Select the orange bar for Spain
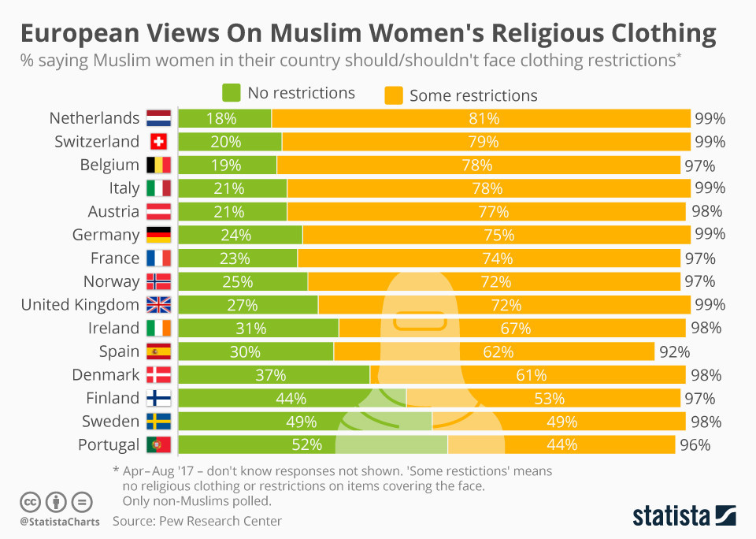point(494,351)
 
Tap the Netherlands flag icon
point(158,119)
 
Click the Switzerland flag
point(158,142)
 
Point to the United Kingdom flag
point(158,305)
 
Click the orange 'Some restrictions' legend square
point(393,95)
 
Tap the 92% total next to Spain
point(675,351)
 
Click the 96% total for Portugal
point(695,444)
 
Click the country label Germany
point(106,235)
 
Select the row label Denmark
point(106,374)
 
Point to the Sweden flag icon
point(158,421)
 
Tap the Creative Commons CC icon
point(30,502)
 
